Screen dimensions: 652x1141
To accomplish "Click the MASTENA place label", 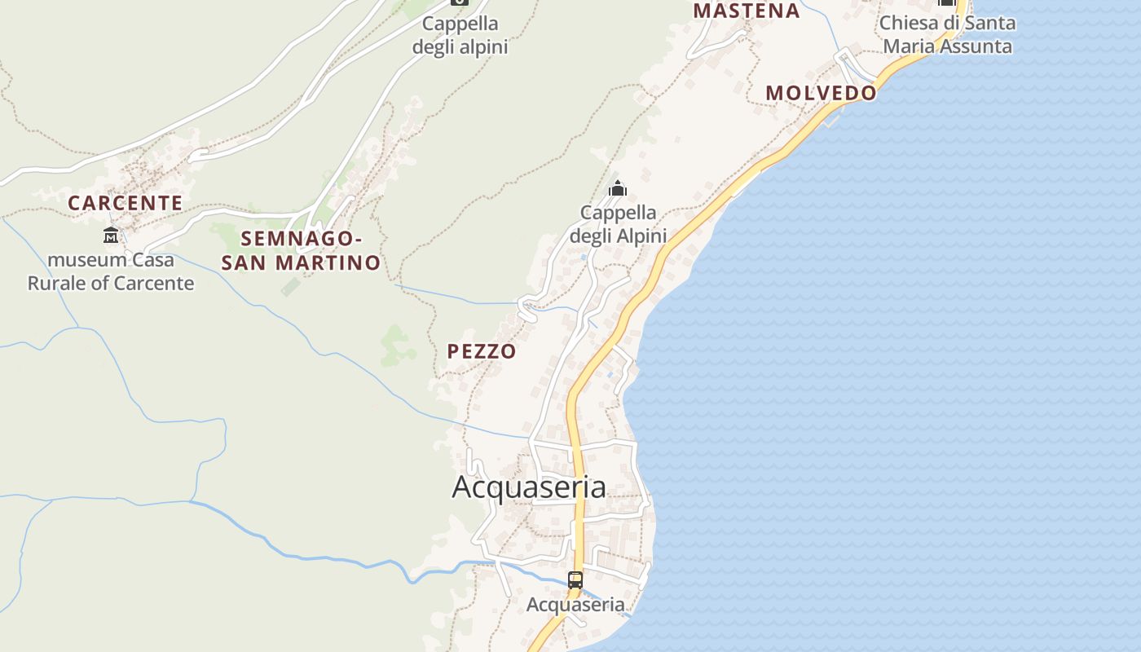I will coord(746,11).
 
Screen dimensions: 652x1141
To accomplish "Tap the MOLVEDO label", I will coord(821,93).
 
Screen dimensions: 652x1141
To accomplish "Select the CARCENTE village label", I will coord(125,203).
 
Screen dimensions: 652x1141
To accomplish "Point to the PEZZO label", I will coord(482,351).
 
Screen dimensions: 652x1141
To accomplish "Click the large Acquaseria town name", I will coord(529,487).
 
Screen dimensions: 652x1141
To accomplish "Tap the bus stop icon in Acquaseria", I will coord(575,580).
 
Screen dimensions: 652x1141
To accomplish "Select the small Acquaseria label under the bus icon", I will coord(575,605).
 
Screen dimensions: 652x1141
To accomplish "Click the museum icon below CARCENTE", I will coord(110,236).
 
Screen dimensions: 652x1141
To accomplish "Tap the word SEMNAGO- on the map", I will coord(302,239).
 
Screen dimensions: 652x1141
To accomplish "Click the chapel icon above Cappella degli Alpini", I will coord(618,189).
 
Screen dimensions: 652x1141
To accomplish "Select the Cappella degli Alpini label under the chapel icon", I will coord(618,225).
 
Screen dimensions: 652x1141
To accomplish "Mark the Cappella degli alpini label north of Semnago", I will coord(460,36).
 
